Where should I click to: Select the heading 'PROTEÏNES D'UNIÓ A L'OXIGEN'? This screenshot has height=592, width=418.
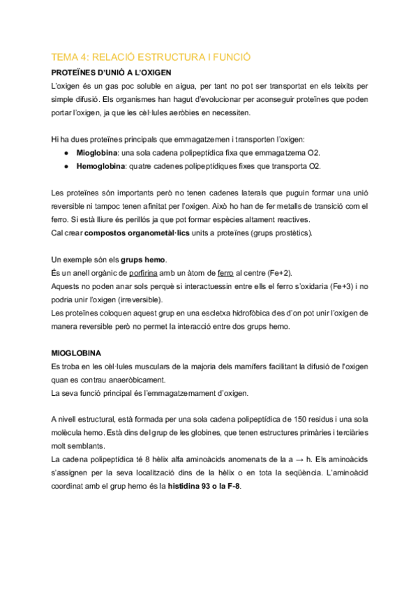point(112,72)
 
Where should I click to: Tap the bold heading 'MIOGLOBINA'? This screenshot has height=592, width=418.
point(77,354)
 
